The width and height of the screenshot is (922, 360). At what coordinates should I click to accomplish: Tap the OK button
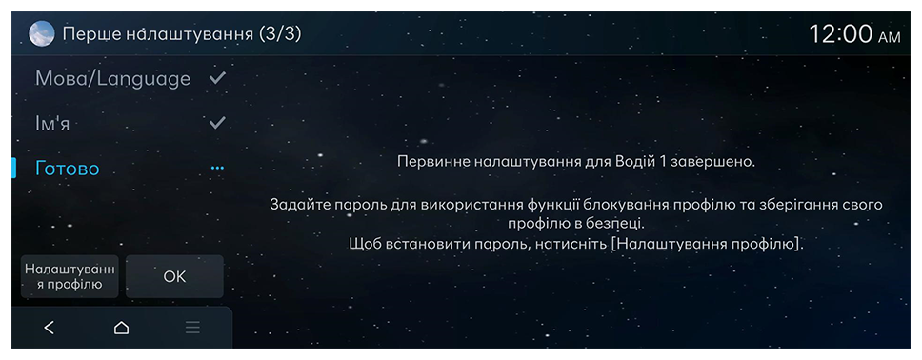(174, 276)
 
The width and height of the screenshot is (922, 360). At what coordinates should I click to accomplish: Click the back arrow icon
(50, 328)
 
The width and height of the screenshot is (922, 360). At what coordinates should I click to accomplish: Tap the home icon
(121, 328)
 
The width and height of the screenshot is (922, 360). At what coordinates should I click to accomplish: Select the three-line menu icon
(192, 328)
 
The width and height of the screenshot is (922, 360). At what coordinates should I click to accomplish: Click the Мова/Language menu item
(113, 79)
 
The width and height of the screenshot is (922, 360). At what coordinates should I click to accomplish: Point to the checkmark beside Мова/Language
(217, 78)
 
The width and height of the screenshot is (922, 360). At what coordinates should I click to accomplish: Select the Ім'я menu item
(52, 124)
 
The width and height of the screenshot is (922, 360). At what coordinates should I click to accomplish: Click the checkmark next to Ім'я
(217, 122)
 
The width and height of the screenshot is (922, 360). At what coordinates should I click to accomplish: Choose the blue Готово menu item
(68, 169)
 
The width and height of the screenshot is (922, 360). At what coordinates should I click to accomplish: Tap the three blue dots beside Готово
(217, 169)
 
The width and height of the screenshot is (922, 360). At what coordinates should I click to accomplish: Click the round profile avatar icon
(42, 34)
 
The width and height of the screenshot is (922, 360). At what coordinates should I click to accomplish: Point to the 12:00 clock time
(841, 34)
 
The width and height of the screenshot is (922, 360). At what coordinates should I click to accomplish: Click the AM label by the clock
(889, 38)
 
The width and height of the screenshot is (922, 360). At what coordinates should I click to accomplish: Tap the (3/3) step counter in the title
(280, 34)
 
